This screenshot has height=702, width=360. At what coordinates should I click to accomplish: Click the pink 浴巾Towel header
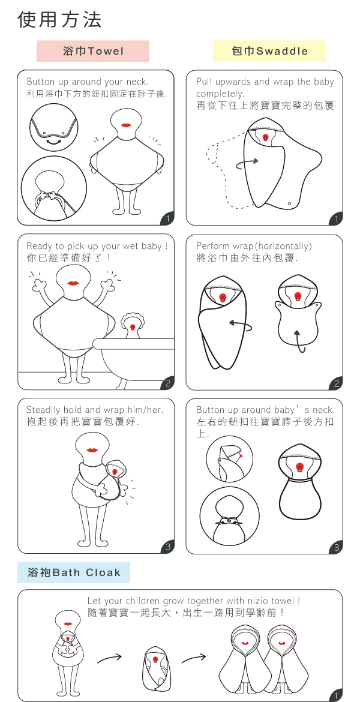coord(92,51)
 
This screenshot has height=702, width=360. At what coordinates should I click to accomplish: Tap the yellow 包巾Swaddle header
coord(269,51)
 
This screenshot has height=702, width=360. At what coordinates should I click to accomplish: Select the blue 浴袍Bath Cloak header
coord(73,572)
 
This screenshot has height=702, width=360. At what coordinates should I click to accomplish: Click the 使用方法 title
coord(59,20)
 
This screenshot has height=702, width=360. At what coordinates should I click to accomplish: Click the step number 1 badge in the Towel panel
coord(167,218)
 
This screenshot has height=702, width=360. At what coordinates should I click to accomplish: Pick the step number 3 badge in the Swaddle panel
coord(336,547)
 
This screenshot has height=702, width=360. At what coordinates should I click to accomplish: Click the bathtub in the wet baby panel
coord(134,362)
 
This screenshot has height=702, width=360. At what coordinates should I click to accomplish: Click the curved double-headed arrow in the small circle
coord(54,141)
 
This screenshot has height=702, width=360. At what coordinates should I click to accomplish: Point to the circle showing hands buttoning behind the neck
coord(54,188)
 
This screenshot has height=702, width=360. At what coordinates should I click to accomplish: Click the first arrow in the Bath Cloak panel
coord(109,659)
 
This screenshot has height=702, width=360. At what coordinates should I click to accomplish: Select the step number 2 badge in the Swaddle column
coord(336,383)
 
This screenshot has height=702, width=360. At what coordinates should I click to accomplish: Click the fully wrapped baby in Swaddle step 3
coord(300,481)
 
